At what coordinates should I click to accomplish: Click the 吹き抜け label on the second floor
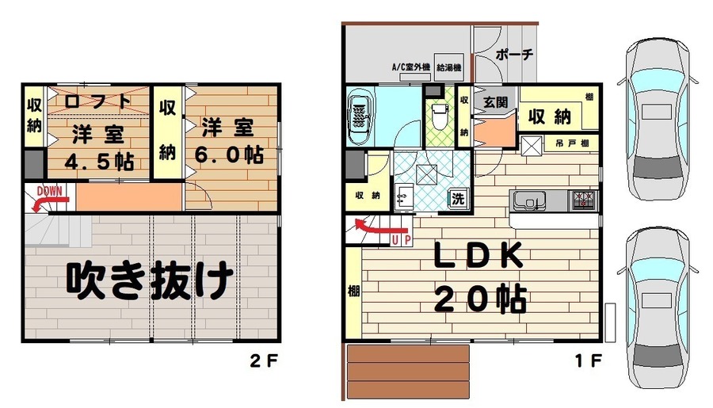[x=150, y=279]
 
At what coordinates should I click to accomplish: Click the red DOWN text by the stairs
[x=50, y=191]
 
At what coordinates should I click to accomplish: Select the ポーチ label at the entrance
[x=514, y=55]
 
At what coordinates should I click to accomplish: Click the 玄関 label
[x=496, y=101]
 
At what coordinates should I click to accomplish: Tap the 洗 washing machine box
[x=458, y=199]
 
